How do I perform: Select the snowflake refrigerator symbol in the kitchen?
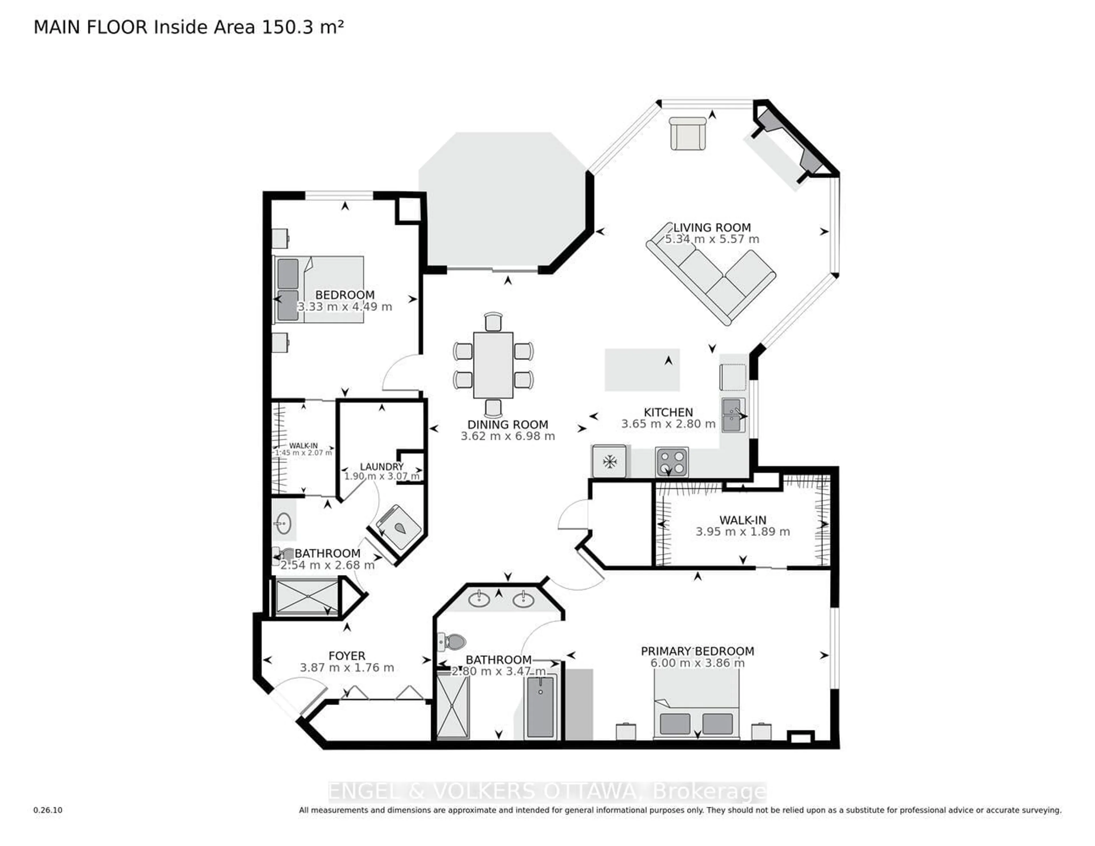click(x=609, y=461)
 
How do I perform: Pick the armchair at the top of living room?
click(x=688, y=133)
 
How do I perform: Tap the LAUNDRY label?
click(x=382, y=467)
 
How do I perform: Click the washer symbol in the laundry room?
click(x=399, y=527)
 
